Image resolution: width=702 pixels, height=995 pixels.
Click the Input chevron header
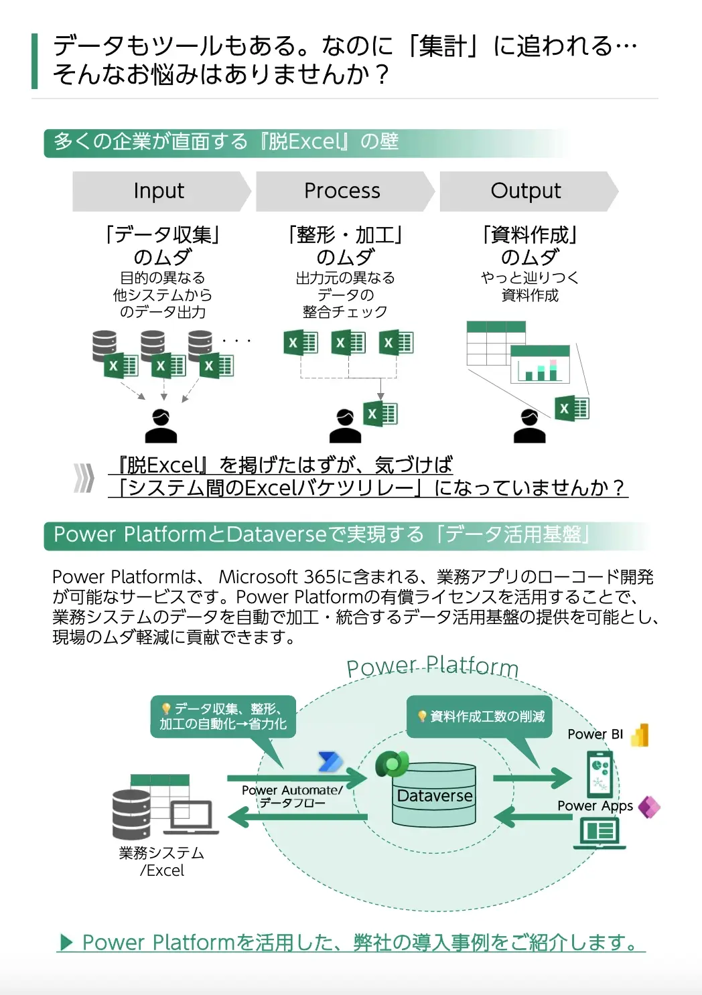click(x=159, y=192)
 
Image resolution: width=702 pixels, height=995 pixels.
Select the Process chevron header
click(x=342, y=192)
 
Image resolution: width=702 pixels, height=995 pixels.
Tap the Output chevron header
click(x=526, y=192)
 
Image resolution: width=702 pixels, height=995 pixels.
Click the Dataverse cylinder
click(x=434, y=795)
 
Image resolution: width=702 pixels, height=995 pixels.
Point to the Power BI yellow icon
click(x=641, y=735)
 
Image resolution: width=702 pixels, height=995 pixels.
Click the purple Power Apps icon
click(x=649, y=807)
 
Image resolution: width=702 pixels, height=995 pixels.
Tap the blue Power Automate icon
click(x=330, y=761)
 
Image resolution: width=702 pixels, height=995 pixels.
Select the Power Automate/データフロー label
click(x=292, y=796)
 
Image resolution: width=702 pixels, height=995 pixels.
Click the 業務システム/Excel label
click(x=161, y=862)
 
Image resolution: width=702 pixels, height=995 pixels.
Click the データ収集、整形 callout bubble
click(x=222, y=716)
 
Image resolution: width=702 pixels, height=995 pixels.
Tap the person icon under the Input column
click(x=161, y=426)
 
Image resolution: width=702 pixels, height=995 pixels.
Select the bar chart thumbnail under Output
click(x=540, y=364)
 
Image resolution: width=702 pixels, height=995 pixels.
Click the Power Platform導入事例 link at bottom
click(x=351, y=942)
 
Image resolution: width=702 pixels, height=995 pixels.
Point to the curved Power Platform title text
click(x=433, y=667)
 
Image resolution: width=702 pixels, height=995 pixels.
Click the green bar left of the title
click(x=35, y=61)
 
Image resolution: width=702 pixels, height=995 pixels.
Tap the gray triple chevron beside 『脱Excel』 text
click(x=84, y=477)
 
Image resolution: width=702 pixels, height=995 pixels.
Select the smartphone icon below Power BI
click(x=600, y=773)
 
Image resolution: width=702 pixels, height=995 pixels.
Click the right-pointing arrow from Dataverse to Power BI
click(x=532, y=778)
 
